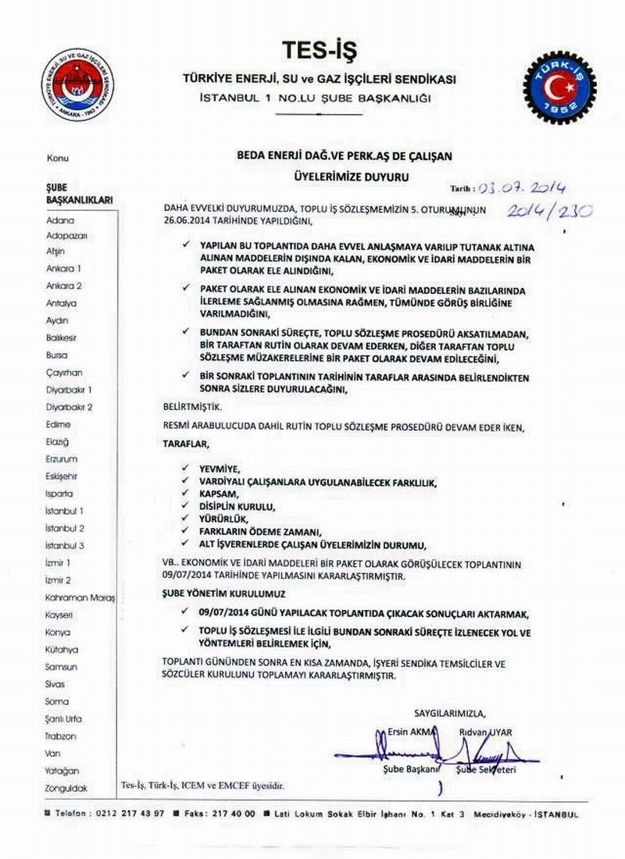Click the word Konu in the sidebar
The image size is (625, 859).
(x=57, y=159)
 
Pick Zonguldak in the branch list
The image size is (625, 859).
(x=66, y=788)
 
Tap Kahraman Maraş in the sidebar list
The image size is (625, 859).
(x=80, y=597)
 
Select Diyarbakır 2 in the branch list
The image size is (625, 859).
(x=70, y=408)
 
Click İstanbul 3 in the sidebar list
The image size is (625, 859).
(x=65, y=546)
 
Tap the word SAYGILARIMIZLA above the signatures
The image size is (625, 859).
(x=449, y=713)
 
